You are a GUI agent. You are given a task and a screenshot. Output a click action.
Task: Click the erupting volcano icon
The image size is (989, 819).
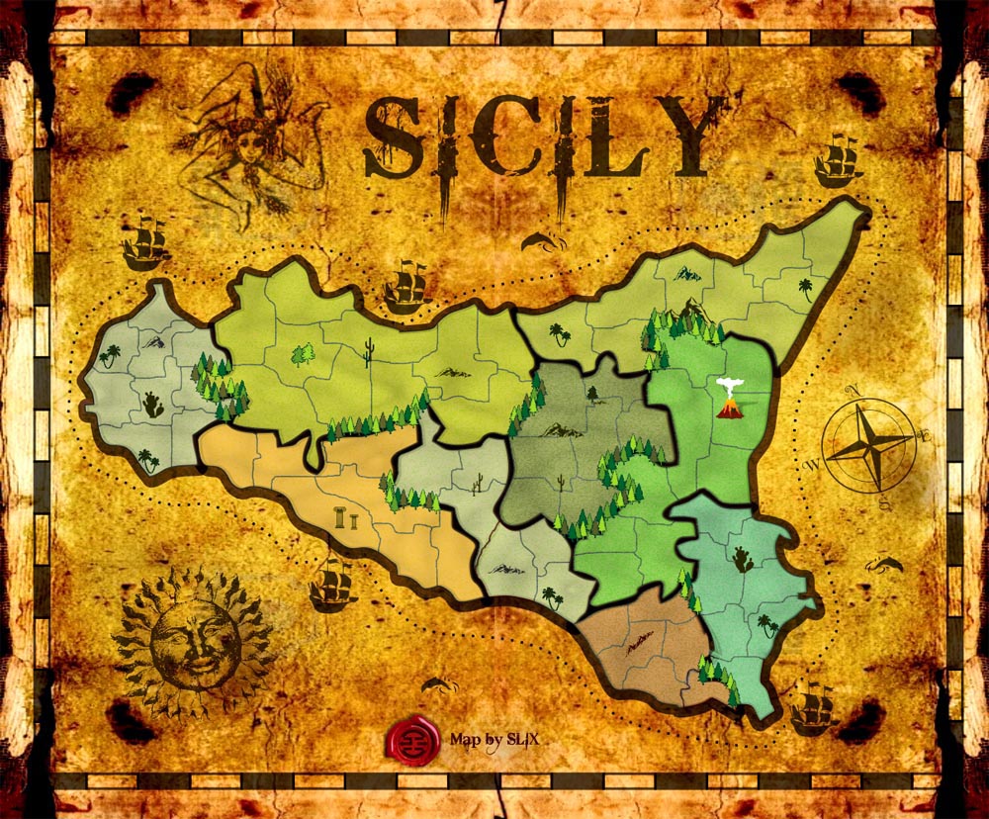pyautogui.click(x=729, y=400)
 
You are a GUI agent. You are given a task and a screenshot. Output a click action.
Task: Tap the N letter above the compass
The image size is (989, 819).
pyautogui.click(x=849, y=389)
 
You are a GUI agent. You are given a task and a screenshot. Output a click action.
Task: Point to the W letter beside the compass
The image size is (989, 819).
pyautogui.click(x=811, y=463)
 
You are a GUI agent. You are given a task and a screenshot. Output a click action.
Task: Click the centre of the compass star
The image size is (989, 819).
pyautogui.click(x=868, y=446)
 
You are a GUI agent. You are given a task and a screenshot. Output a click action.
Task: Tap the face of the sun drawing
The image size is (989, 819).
pyautogui.click(x=193, y=644)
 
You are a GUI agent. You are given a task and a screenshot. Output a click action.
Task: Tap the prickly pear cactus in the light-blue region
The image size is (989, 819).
pyautogui.click(x=742, y=560)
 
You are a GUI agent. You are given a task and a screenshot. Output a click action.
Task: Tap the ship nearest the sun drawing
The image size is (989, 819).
pyautogui.click(x=332, y=586)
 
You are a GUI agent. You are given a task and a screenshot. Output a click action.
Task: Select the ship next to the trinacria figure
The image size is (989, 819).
pyautogui.click(x=144, y=242)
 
